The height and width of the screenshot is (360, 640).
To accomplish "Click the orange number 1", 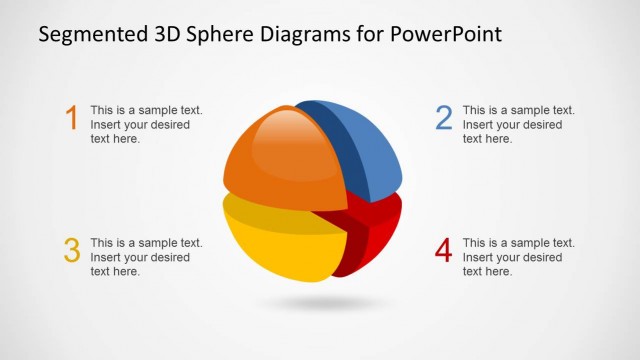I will [71, 119].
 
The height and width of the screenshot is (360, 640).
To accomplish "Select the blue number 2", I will [444, 119].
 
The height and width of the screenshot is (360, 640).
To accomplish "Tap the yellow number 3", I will [71, 251].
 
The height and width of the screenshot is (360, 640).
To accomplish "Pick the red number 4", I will [444, 251].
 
